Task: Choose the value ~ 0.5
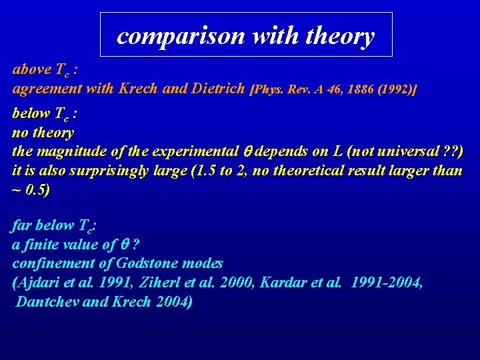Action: pyautogui.click(x=31, y=189)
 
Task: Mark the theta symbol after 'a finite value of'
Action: pyautogui.click(x=125, y=245)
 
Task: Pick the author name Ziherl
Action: pyautogui.click(x=183, y=283)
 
